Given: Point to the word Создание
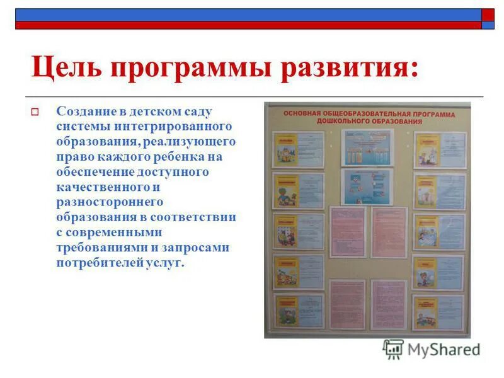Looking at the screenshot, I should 85,112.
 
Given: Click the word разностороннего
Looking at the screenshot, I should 110,202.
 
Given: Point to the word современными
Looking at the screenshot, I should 105,232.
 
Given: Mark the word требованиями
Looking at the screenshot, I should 98,248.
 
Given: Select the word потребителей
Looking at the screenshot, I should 94,263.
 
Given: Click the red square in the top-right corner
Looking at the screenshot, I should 488,14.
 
